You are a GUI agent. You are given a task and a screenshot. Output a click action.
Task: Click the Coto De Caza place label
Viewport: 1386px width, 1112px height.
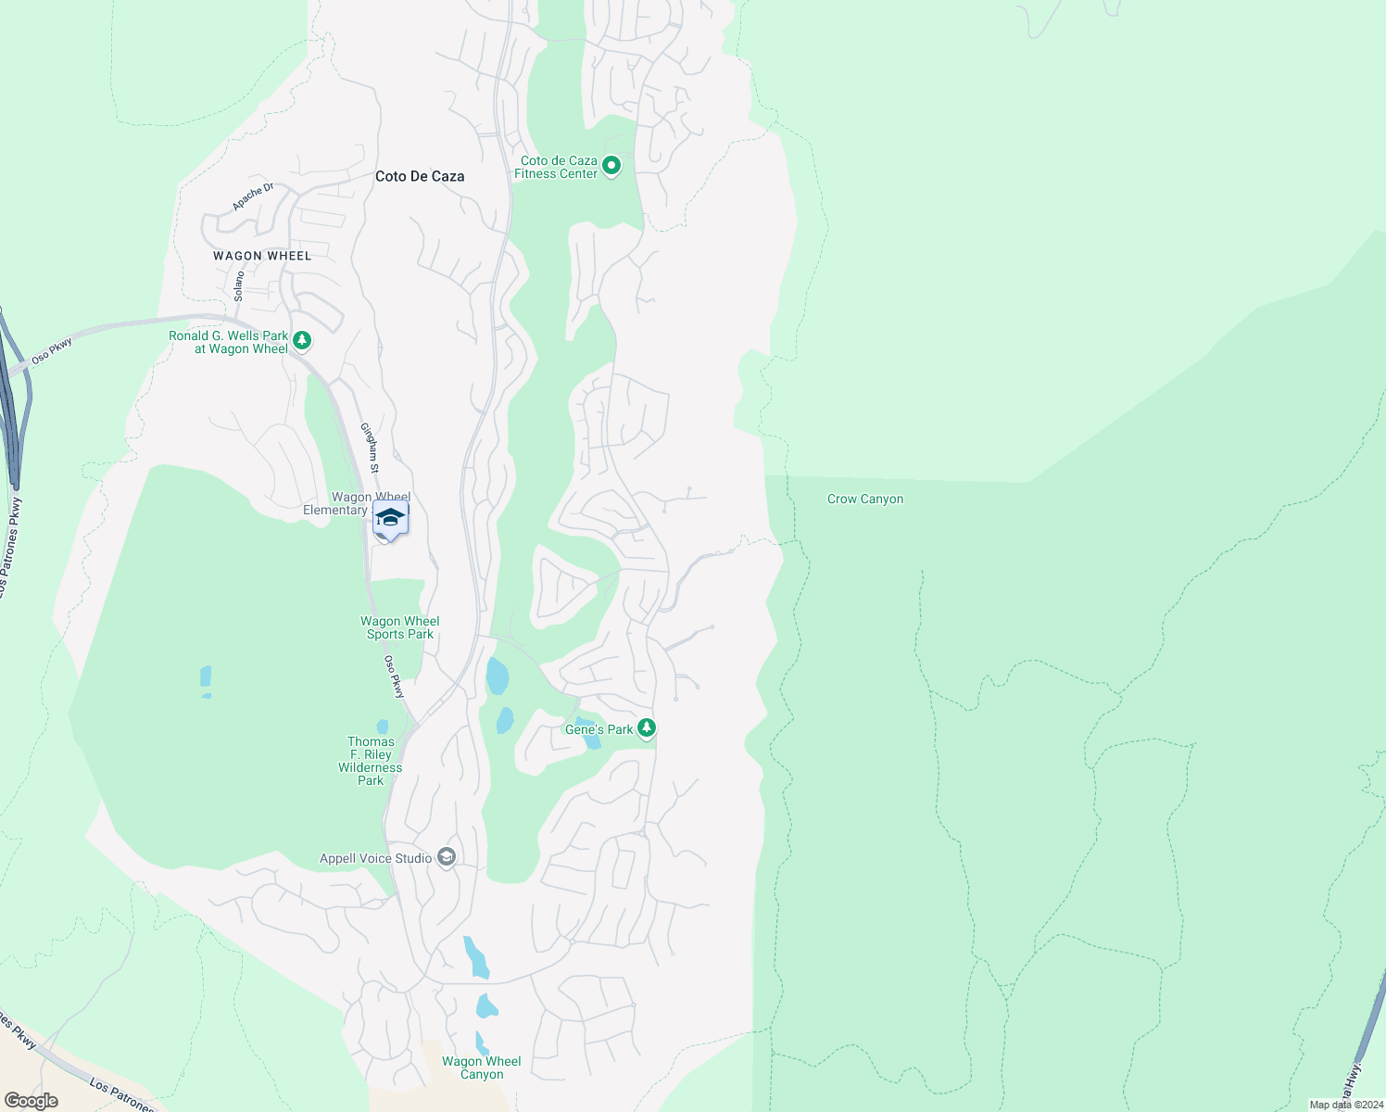(420, 176)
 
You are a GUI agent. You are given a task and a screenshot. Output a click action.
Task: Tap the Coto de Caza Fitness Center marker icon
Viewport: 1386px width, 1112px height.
(611, 166)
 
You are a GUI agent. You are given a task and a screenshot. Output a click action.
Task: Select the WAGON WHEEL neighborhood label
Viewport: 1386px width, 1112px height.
(262, 256)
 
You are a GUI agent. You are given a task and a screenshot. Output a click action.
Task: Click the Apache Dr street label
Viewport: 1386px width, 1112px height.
(253, 196)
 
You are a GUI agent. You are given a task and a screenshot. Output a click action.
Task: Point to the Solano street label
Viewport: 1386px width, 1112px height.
(239, 285)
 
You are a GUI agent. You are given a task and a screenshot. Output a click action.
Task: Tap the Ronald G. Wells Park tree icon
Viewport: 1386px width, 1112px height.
(301, 341)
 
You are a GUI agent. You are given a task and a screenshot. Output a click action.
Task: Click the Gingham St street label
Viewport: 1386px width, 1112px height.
(371, 449)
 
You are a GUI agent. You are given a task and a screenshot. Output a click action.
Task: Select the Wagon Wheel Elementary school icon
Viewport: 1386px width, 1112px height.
(390, 520)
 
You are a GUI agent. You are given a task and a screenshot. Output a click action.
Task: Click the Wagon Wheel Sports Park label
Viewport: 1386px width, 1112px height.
(400, 627)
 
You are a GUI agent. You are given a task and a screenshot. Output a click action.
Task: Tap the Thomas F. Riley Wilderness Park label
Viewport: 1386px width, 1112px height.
(371, 761)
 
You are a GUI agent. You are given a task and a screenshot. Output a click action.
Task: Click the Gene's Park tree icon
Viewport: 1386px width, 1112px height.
(647, 728)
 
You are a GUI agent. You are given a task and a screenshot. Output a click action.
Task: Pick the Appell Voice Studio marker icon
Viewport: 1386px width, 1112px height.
(447, 857)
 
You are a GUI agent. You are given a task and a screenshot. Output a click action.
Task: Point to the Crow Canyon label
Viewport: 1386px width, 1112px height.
(865, 499)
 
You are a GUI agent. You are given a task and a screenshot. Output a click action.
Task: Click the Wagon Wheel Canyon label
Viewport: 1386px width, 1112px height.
(482, 1068)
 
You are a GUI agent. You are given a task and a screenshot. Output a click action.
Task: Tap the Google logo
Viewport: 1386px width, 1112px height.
(31, 1101)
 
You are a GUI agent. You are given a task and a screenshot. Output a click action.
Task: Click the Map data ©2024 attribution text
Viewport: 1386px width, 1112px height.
(1345, 1105)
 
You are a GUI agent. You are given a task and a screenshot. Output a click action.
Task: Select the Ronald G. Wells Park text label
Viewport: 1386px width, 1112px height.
(229, 342)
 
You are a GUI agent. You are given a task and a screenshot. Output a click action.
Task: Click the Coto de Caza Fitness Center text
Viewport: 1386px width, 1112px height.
(557, 167)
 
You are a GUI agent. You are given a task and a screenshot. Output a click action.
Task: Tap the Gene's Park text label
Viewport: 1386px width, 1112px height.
(599, 729)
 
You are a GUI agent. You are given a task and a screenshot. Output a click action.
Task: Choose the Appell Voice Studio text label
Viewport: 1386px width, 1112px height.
(376, 858)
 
